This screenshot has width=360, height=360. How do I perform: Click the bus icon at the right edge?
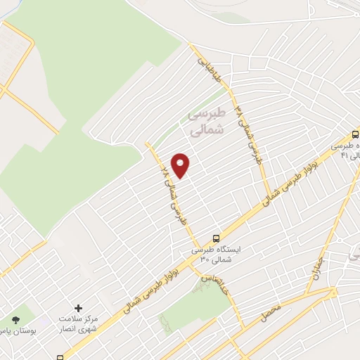click(x=355, y=133)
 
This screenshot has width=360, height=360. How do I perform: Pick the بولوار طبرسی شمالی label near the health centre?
click(x=151, y=284)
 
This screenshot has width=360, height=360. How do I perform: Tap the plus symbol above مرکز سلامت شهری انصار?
click(x=78, y=308)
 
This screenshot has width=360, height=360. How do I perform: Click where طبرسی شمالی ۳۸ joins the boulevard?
click(x=267, y=196)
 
